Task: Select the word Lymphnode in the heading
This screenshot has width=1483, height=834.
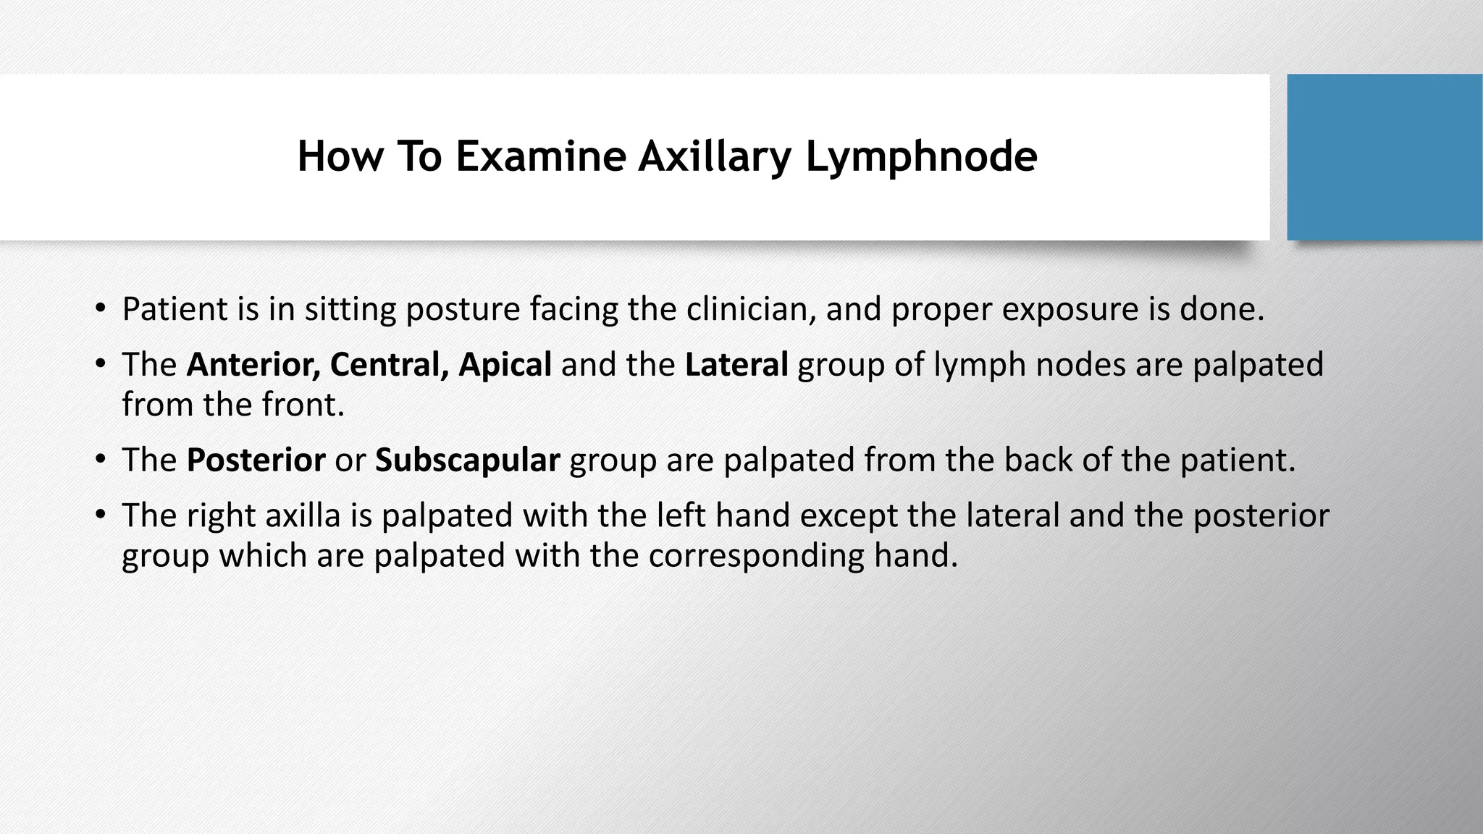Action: coord(921,156)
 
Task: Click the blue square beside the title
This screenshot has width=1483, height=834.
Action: coord(1384,157)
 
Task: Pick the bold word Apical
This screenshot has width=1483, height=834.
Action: coord(505,364)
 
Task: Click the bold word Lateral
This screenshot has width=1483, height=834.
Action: coord(736,364)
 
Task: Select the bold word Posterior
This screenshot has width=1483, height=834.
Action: coord(256,460)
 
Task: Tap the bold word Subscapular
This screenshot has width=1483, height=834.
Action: coord(467,460)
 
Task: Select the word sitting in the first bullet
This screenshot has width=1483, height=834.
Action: coord(350,309)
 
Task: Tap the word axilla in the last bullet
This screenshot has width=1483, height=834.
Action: coord(303,515)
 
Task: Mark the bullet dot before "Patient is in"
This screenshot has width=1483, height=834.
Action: coord(100,309)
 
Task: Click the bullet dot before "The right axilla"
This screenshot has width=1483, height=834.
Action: coord(100,515)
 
